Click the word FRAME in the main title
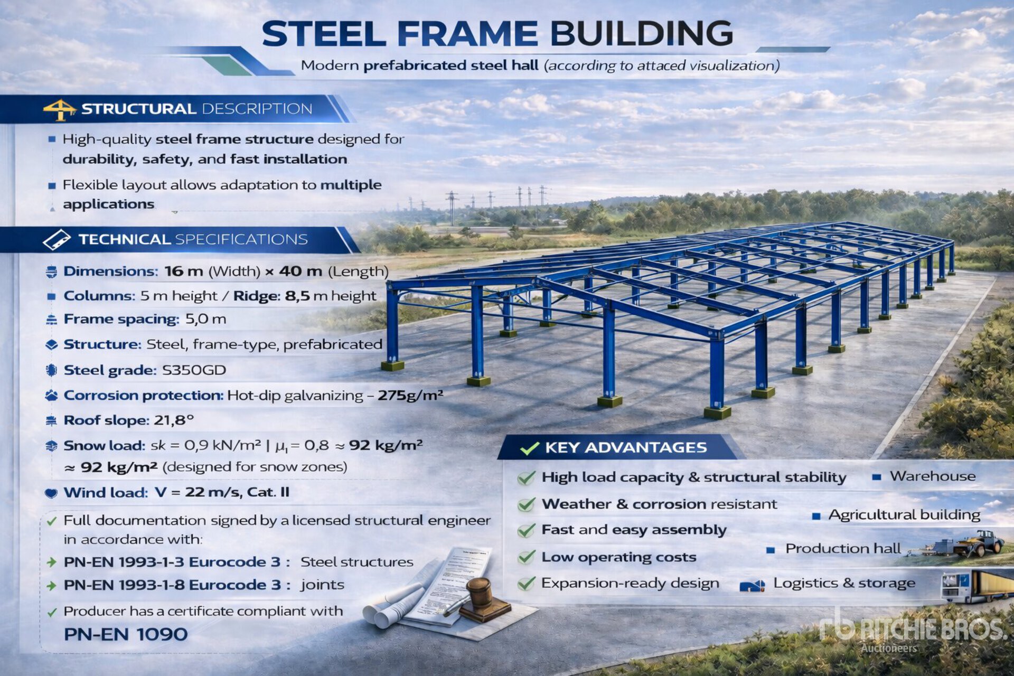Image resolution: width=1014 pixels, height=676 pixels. (x=467, y=34)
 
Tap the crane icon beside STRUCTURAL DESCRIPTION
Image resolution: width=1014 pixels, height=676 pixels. (x=60, y=109)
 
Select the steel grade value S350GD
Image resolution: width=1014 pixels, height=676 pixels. (x=194, y=370)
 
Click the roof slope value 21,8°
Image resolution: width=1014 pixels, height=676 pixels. (x=174, y=420)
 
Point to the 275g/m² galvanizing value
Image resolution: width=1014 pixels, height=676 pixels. (x=410, y=395)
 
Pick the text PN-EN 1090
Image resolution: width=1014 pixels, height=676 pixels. (x=126, y=634)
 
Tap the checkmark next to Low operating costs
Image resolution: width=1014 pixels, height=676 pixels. (x=527, y=557)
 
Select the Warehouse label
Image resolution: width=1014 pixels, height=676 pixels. (x=933, y=476)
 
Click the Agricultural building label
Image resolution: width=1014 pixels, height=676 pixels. (x=904, y=515)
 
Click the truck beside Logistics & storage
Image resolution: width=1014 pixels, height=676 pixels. (x=977, y=586)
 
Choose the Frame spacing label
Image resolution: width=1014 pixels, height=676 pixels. (x=121, y=319)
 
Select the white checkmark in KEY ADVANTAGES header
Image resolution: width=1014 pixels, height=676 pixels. (x=529, y=448)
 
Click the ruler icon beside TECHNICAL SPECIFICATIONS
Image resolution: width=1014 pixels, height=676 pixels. (x=57, y=240)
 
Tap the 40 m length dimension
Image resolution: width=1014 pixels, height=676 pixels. (x=301, y=271)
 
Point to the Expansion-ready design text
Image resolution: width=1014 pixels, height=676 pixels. (x=630, y=583)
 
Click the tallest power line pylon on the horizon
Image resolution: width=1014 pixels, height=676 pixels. (x=452, y=208)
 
